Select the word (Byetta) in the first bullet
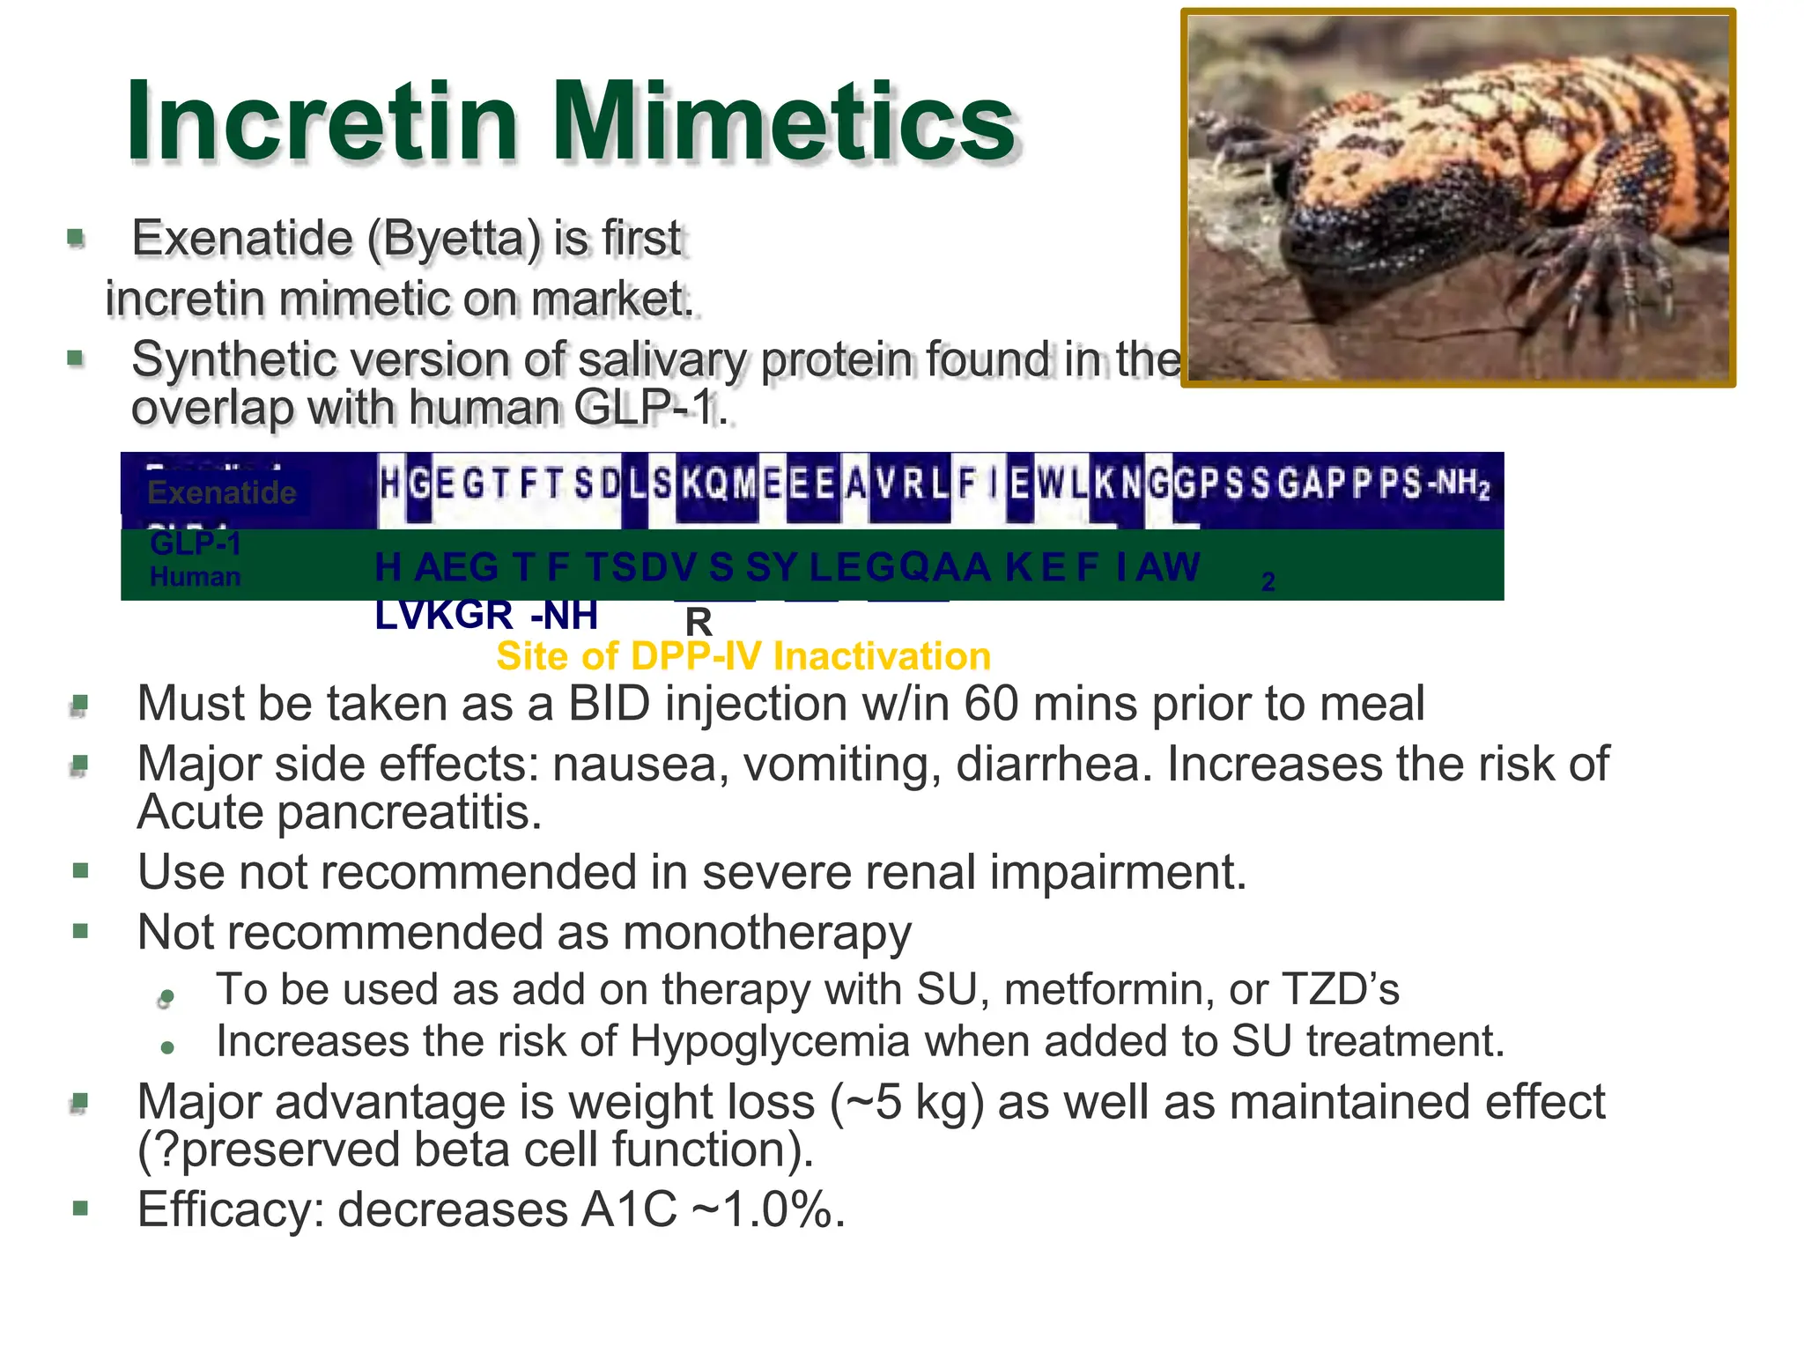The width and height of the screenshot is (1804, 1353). pyautogui.click(x=453, y=239)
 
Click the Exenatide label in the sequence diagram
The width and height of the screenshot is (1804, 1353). pyautogui.click(x=222, y=492)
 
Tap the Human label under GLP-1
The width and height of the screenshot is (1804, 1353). pyautogui.click(x=196, y=577)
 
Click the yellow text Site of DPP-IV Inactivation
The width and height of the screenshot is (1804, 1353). pyautogui.click(x=743, y=656)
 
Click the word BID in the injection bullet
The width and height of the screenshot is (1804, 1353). pyautogui.click(x=609, y=705)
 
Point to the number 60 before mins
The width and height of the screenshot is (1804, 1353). pyautogui.click(x=990, y=705)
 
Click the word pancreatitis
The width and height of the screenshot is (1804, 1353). pyautogui.click(x=409, y=812)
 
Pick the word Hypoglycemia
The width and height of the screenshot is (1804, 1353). pyautogui.click(x=770, y=1042)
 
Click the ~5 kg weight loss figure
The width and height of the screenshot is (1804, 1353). pyautogui.click(x=906, y=1103)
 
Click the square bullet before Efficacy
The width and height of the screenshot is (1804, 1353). pyautogui.click(x=81, y=1208)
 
